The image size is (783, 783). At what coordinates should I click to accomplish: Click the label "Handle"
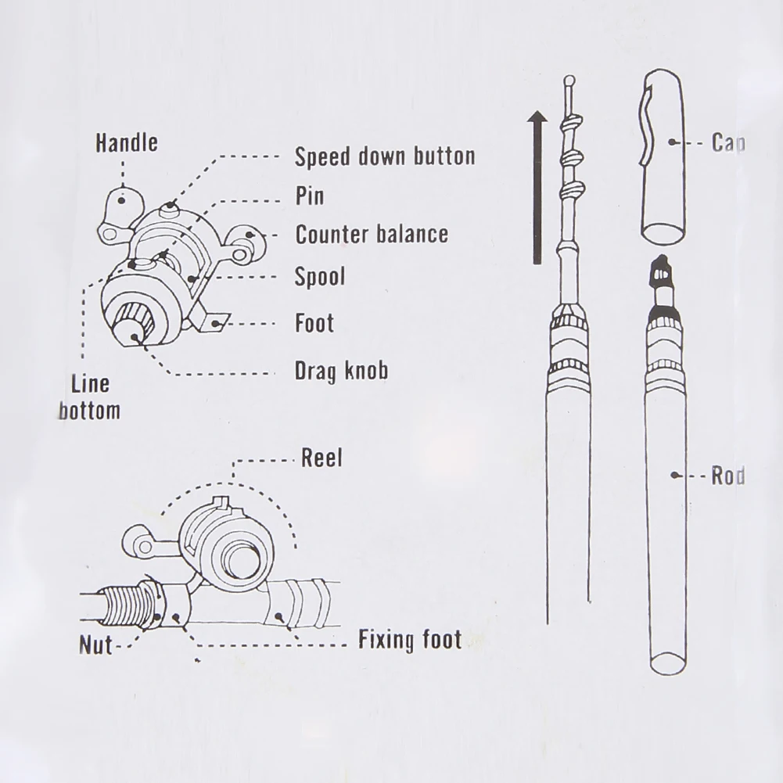(126, 142)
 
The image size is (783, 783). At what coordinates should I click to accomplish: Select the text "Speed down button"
(384, 156)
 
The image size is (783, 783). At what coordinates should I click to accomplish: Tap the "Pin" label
(309, 195)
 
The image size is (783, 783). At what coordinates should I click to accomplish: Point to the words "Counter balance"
(372, 234)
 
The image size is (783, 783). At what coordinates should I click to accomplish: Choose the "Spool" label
(319, 276)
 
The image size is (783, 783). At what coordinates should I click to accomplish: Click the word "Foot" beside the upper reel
(314, 323)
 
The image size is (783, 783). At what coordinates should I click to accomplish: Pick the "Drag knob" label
(341, 370)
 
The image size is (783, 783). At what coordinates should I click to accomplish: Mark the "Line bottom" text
(89, 397)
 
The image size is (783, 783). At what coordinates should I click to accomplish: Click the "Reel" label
(321, 458)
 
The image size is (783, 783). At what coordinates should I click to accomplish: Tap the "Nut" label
(95, 646)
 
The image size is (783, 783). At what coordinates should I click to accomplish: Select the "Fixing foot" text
(410, 641)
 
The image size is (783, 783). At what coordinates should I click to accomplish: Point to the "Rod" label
(727, 476)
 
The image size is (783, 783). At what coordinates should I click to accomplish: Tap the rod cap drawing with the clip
(663, 156)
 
